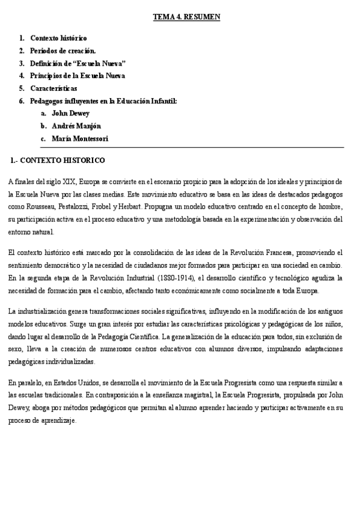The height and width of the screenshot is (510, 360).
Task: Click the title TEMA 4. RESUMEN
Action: click(x=187, y=17)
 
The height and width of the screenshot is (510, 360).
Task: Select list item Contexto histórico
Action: click(x=58, y=38)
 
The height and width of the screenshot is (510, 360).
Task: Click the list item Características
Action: click(x=53, y=88)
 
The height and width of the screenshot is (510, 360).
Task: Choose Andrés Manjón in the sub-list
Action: click(x=76, y=126)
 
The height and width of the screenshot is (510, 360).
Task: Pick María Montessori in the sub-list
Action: click(x=80, y=138)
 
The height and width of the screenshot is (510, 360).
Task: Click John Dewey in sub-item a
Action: click(x=70, y=113)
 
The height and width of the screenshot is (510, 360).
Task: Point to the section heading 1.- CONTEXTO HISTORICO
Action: click(x=58, y=161)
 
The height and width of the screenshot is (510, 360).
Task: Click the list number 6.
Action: click(x=22, y=101)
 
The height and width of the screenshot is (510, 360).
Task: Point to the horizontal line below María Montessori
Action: click(x=192, y=147)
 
